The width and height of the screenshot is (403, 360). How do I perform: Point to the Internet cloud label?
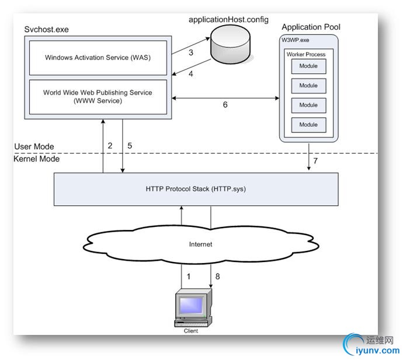(201, 244)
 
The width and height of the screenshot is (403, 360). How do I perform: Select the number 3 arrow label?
(190, 53)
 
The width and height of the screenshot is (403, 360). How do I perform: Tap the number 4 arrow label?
(190, 74)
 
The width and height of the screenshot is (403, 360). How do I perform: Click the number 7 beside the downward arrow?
(316, 160)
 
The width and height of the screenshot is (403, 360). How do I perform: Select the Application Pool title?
(311, 27)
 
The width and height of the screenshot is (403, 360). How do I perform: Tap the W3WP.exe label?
(295, 41)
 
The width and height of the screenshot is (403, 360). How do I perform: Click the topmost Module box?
(308, 66)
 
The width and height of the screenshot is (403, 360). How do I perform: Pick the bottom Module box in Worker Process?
(308, 125)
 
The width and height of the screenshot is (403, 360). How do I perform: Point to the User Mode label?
(33, 146)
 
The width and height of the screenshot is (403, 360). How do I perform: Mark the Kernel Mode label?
(36, 158)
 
